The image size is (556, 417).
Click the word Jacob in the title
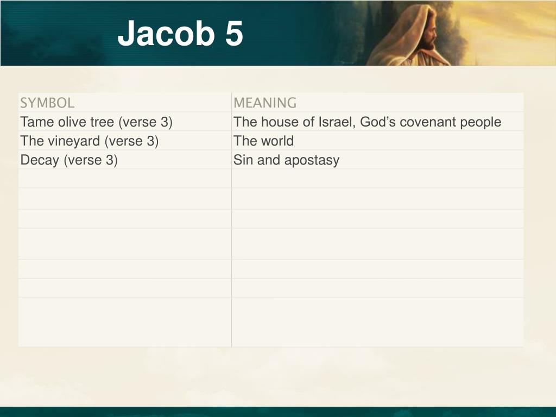[166, 33]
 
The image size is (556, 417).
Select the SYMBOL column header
[47, 103]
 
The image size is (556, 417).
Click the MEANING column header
[265, 103]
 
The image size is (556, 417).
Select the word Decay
[39, 160]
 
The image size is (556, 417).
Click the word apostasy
[312, 161]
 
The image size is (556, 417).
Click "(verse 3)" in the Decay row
[91, 160]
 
